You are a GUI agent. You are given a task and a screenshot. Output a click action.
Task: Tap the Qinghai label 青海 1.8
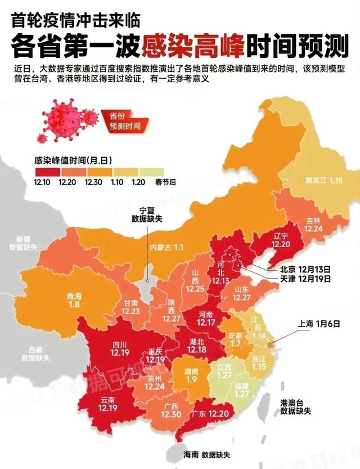point(74,300)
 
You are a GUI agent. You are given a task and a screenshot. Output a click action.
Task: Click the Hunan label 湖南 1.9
point(191,376)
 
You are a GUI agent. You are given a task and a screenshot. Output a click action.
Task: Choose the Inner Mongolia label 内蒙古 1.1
point(166,247)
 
